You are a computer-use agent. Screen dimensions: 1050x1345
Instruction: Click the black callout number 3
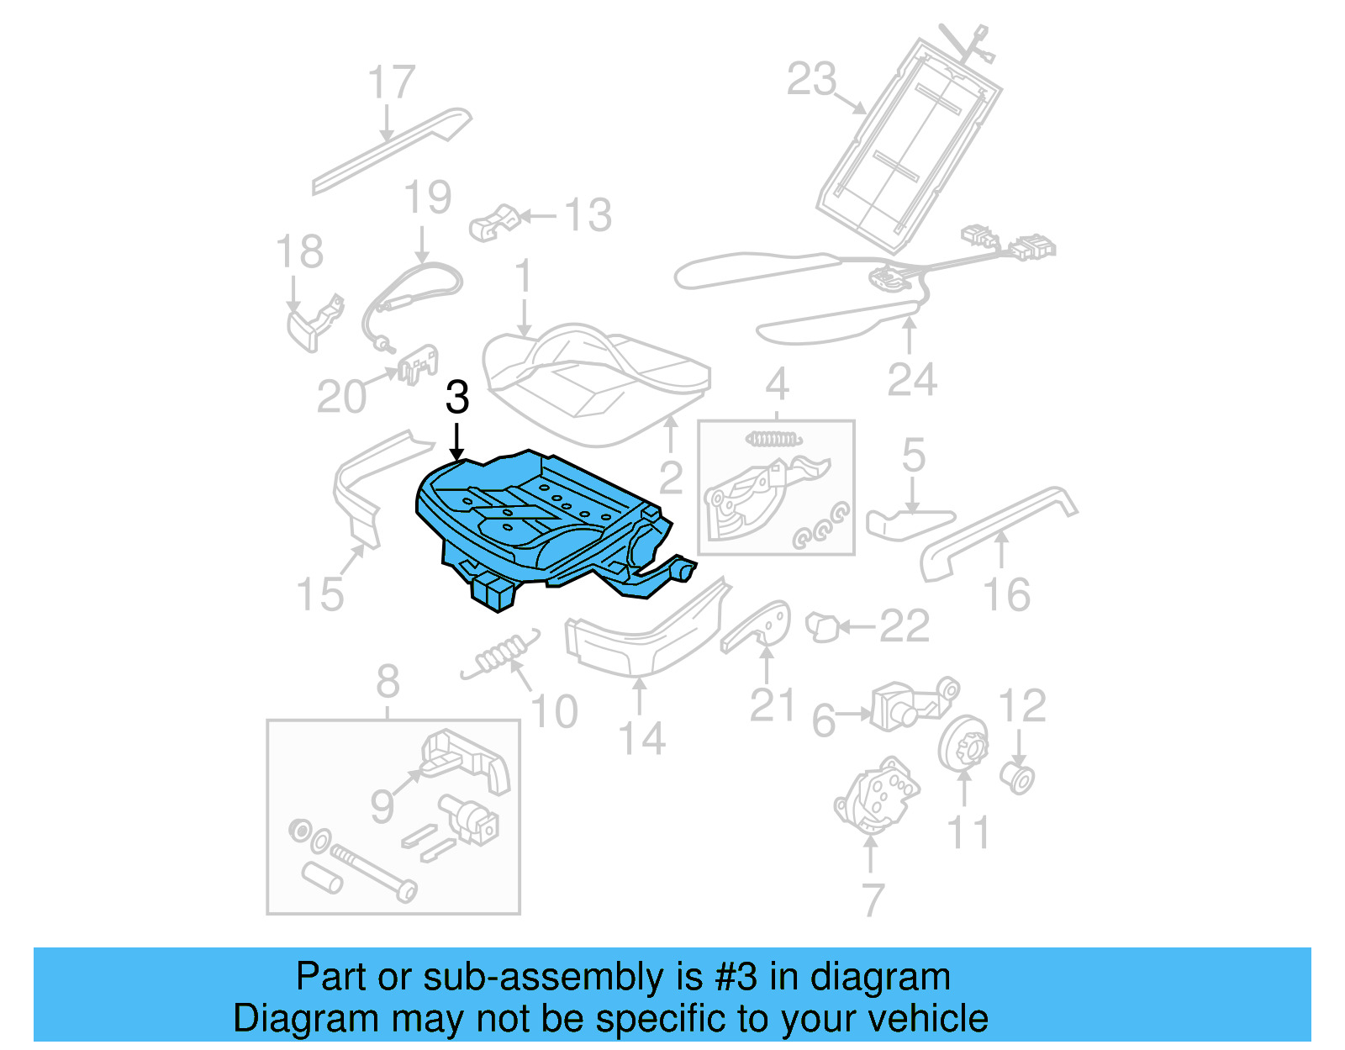[457, 398]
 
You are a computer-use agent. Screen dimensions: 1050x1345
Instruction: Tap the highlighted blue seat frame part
[538, 521]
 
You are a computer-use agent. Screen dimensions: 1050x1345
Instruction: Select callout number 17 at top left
[392, 82]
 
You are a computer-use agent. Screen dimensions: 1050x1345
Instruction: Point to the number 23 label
[812, 79]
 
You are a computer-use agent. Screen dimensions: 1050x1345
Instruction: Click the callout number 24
[912, 380]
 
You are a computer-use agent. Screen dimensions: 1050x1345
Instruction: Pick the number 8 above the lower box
[388, 681]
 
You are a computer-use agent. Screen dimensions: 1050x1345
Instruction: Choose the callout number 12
[1022, 705]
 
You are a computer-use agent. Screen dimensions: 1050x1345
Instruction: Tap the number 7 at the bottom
[873, 900]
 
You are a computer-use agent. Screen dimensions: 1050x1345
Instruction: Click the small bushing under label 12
[1018, 778]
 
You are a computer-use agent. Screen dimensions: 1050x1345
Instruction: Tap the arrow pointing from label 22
[857, 626]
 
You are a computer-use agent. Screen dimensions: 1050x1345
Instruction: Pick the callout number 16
[1006, 594]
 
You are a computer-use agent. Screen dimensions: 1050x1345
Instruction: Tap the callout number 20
[341, 396]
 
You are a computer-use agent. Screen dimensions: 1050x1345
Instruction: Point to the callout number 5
[914, 455]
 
